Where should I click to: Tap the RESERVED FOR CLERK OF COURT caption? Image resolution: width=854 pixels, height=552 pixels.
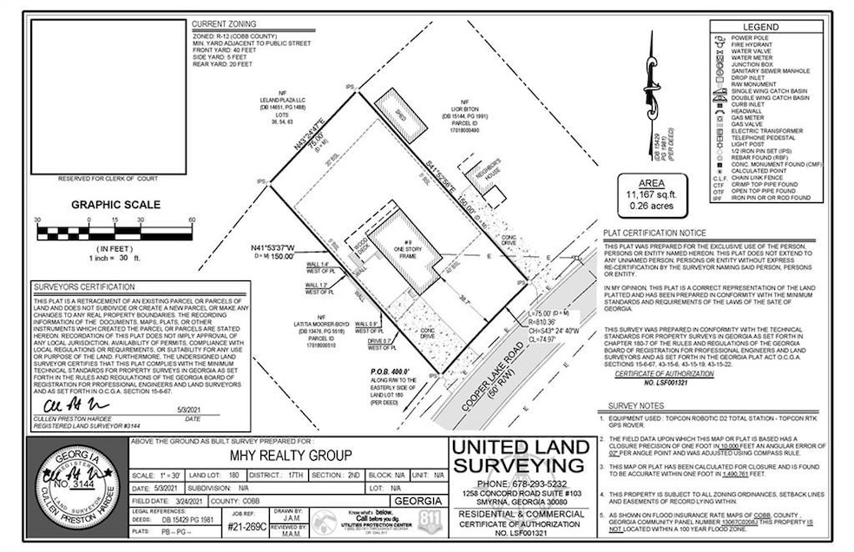[x=102, y=179]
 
